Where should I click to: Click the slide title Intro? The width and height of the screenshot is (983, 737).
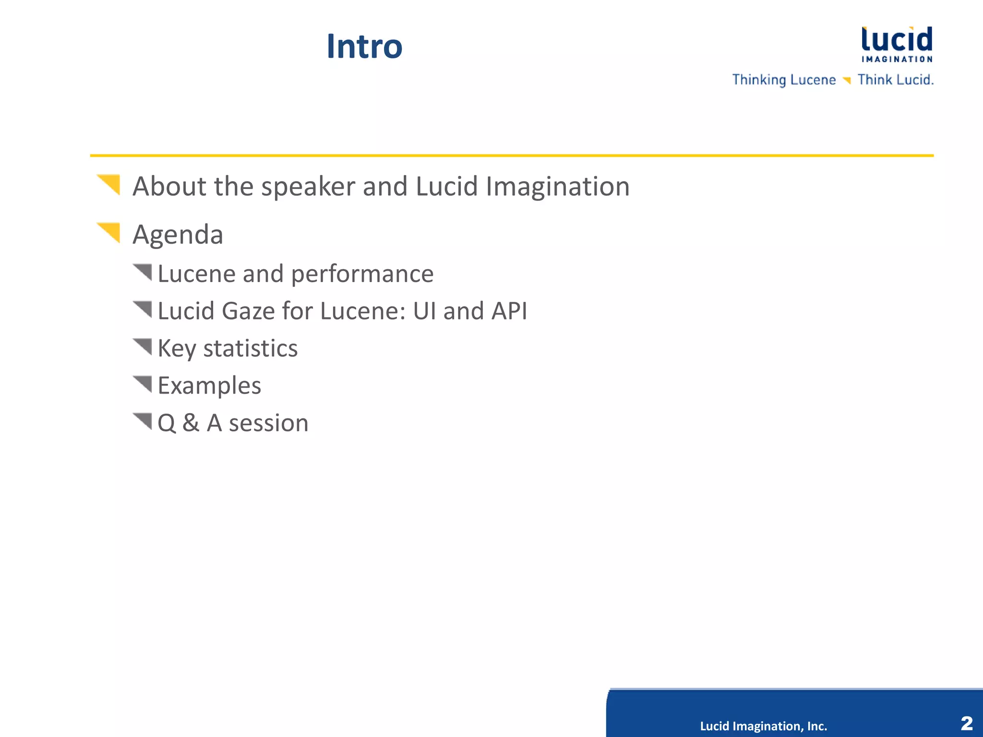(364, 47)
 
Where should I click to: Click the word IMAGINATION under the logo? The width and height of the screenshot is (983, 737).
(897, 59)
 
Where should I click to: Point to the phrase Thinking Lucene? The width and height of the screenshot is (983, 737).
(784, 80)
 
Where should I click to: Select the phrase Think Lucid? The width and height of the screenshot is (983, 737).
(895, 80)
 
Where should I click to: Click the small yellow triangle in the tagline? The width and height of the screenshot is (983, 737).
(847, 80)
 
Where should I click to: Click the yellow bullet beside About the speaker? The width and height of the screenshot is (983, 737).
(110, 184)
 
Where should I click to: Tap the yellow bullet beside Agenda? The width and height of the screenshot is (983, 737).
(110, 232)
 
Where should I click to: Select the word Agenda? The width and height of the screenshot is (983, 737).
(178, 235)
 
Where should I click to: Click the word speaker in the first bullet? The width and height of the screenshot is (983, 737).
(308, 187)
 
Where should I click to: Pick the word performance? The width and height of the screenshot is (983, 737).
(362, 274)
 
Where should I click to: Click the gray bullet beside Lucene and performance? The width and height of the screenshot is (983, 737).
(144, 272)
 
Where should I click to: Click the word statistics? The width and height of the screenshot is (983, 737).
(250, 348)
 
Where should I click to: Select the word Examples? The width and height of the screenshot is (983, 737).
(209, 386)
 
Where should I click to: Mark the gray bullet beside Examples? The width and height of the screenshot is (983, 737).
(144, 383)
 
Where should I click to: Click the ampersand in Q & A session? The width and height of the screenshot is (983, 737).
(191, 423)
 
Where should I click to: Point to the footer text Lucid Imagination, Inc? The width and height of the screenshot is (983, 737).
(763, 726)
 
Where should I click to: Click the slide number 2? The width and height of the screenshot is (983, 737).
(967, 723)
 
